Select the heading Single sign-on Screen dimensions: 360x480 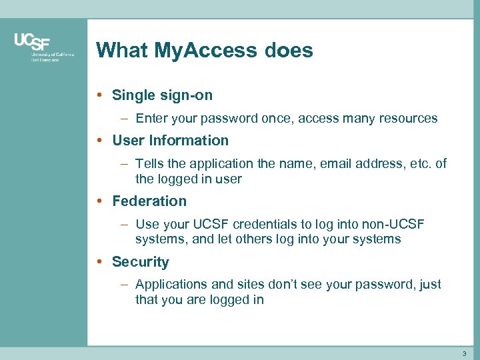tap(162, 95)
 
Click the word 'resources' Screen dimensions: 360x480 tap(407, 119)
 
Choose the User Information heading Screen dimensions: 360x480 tap(170, 141)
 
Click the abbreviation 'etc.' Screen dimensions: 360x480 tap(420, 164)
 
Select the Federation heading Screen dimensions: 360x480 tap(149, 201)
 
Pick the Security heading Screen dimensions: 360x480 tap(141, 262)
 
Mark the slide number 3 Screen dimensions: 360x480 tap(464, 353)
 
